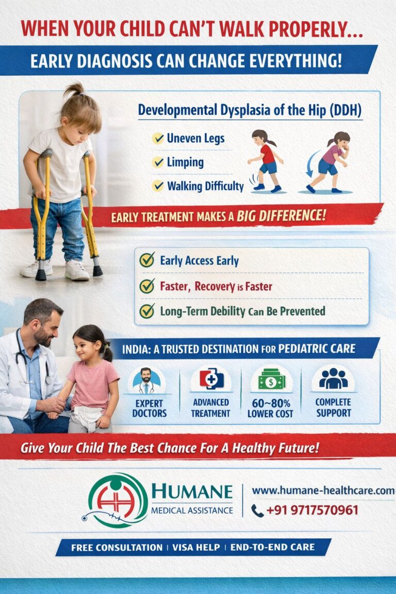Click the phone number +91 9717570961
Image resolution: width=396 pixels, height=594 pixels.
point(312,510)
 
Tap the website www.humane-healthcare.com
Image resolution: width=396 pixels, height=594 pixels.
point(323,490)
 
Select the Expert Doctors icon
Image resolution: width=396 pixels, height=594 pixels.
point(146,381)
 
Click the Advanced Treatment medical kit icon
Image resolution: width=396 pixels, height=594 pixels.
point(211,379)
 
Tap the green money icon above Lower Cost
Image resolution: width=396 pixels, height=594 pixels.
point(271,379)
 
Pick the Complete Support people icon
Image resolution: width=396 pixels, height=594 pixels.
point(333,378)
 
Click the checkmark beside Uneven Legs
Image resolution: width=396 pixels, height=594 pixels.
point(158,138)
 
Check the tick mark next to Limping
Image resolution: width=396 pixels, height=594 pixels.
point(158,162)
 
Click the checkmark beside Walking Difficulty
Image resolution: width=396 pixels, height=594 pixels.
point(158,186)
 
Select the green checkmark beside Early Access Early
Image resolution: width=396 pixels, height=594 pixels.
point(146,260)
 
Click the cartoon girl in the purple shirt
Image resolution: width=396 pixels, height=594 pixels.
point(329,162)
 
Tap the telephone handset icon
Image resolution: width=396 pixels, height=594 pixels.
point(257,511)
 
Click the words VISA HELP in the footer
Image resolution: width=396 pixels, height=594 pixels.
point(196,548)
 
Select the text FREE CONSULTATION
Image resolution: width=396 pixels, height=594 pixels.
point(117,548)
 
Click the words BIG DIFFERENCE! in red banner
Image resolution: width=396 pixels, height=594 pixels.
point(281,216)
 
